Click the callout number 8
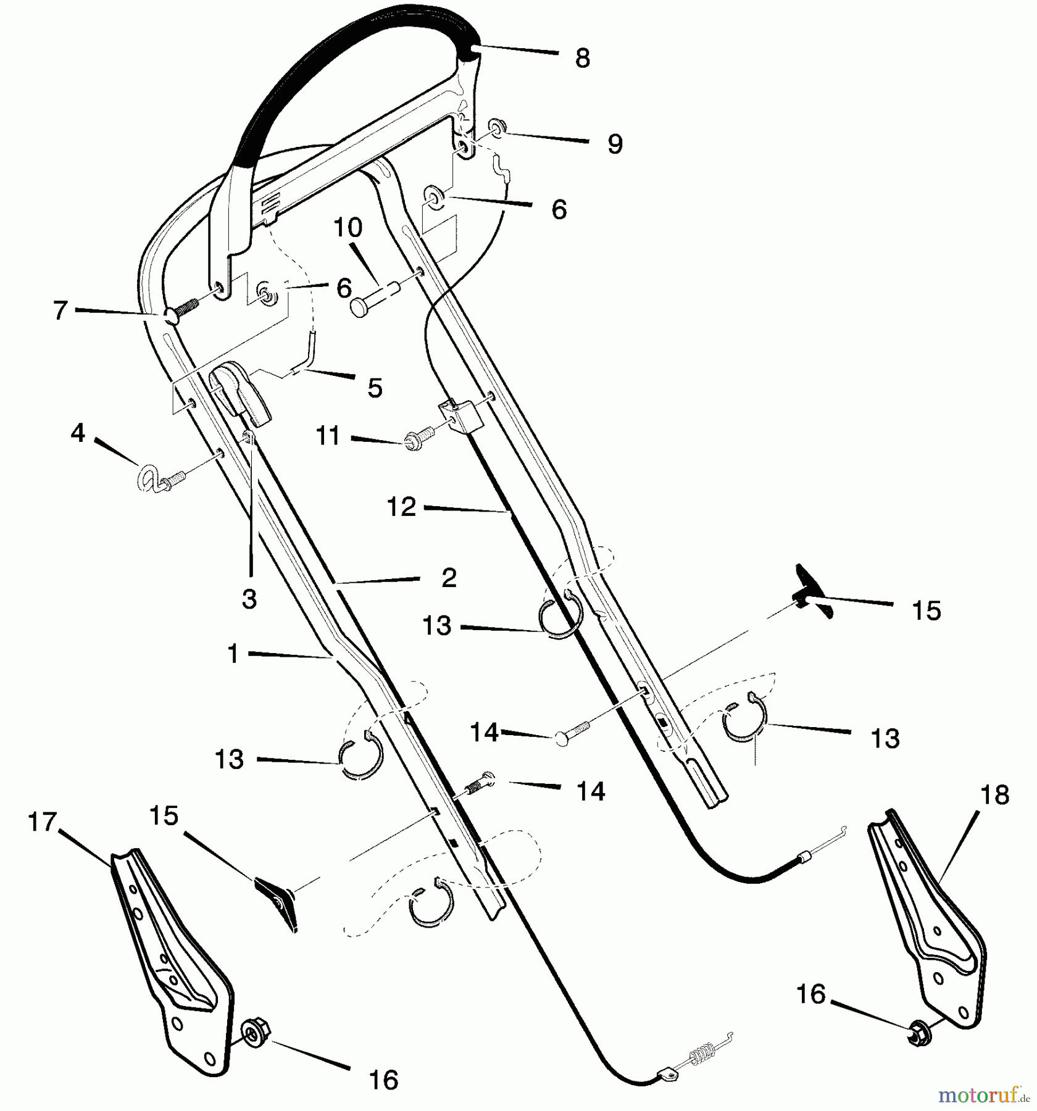point(582,59)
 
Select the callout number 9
point(615,144)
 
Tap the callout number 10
point(348,228)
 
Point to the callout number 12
point(402,507)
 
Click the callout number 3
point(249,599)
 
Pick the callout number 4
point(78,433)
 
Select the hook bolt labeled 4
point(158,479)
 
